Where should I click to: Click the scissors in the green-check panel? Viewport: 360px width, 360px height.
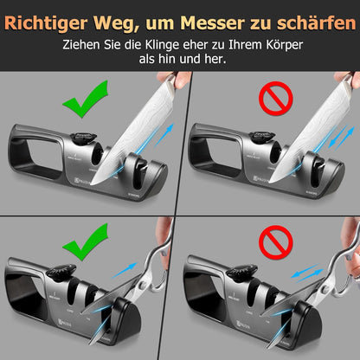138,277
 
